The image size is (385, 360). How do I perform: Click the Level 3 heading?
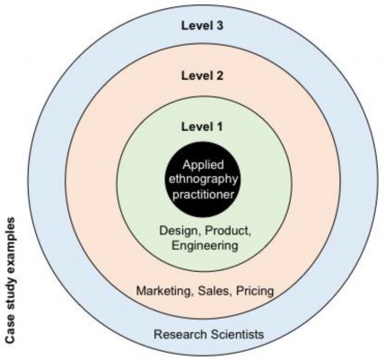202,25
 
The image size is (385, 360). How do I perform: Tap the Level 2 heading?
202,75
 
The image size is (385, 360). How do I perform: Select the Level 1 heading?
202,127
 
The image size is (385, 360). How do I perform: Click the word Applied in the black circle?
203,165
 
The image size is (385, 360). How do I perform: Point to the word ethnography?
204,180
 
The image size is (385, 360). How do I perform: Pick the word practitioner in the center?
203,195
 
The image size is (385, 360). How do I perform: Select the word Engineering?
206,246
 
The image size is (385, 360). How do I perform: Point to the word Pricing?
255,291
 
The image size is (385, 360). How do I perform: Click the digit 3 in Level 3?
220,25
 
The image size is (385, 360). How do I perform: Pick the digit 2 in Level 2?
220,75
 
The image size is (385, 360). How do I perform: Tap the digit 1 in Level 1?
220,127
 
